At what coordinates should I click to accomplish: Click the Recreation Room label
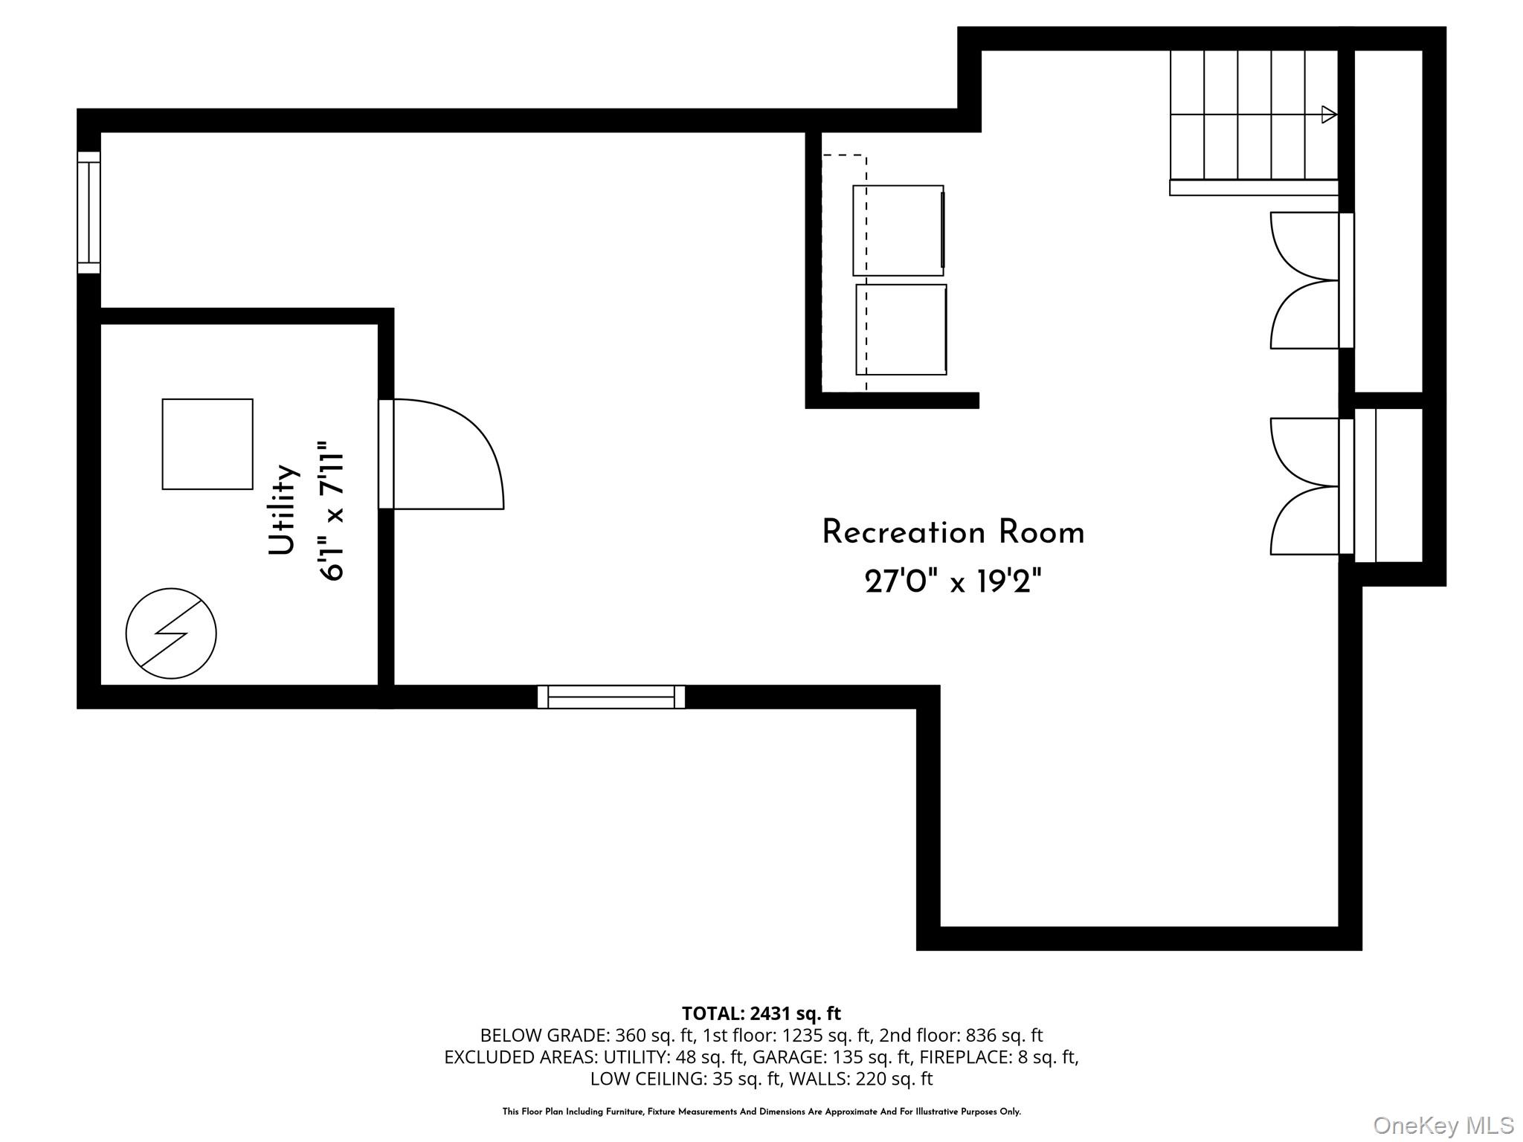[953, 533]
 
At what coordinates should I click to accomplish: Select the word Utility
[283, 509]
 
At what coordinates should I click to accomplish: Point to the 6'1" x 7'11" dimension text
[332, 512]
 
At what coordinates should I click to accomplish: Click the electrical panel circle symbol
[171, 633]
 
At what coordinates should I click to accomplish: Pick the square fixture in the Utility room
[207, 444]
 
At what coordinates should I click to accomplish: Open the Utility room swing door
[442, 454]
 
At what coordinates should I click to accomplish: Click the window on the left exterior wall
[88, 213]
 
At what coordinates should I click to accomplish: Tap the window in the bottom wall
[611, 697]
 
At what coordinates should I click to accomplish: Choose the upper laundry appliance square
[898, 230]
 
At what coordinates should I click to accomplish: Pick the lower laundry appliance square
[901, 329]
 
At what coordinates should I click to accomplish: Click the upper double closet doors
[1312, 280]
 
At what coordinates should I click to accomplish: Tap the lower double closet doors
[1312, 486]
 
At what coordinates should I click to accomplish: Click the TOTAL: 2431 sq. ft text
[761, 1013]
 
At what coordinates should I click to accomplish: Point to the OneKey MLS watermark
[1443, 1126]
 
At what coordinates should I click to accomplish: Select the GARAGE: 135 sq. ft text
[831, 1056]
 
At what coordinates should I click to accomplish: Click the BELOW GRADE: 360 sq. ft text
[587, 1035]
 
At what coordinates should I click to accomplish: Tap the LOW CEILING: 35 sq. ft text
[685, 1078]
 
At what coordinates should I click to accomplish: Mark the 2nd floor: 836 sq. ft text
[961, 1035]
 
